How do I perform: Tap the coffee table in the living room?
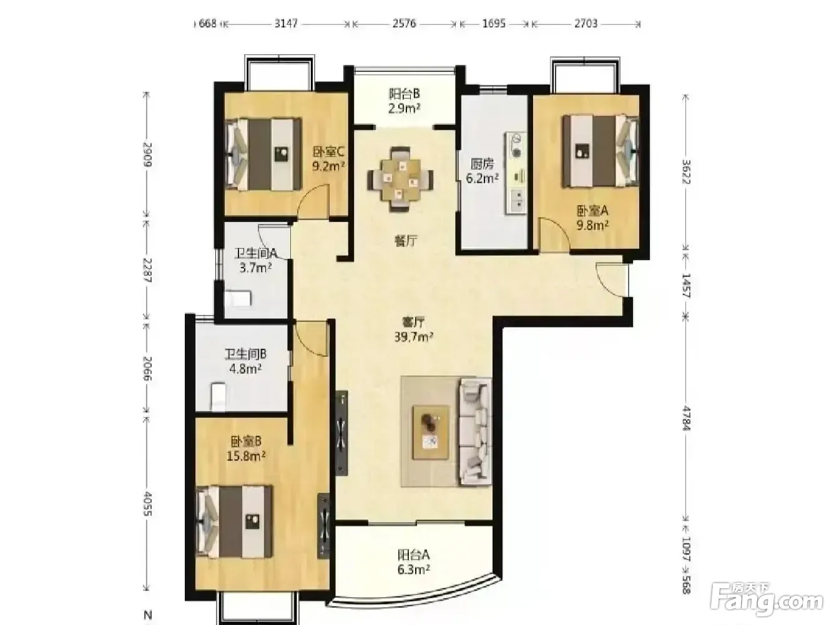click(x=431, y=432)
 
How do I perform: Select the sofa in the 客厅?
click(x=475, y=432)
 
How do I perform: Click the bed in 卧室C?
click(x=263, y=154)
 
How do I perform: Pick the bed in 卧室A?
click(x=601, y=151)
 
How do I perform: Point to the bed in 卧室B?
click(x=235, y=522)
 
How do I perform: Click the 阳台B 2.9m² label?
click(x=405, y=101)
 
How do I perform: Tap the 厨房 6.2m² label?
click(x=482, y=171)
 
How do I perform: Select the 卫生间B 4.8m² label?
click(x=245, y=361)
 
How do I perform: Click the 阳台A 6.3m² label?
click(x=414, y=562)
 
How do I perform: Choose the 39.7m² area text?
click(x=414, y=337)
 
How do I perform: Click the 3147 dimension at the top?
click(x=286, y=24)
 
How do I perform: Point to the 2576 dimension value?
click(x=405, y=24)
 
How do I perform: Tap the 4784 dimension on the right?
click(x=686, y=418)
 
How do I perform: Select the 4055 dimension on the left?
click(x=147, y=504)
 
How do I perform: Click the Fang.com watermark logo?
click(x=767, y=601)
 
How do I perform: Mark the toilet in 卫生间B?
click(x=218, y=397)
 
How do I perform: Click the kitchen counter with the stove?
click(x=515, y=174)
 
